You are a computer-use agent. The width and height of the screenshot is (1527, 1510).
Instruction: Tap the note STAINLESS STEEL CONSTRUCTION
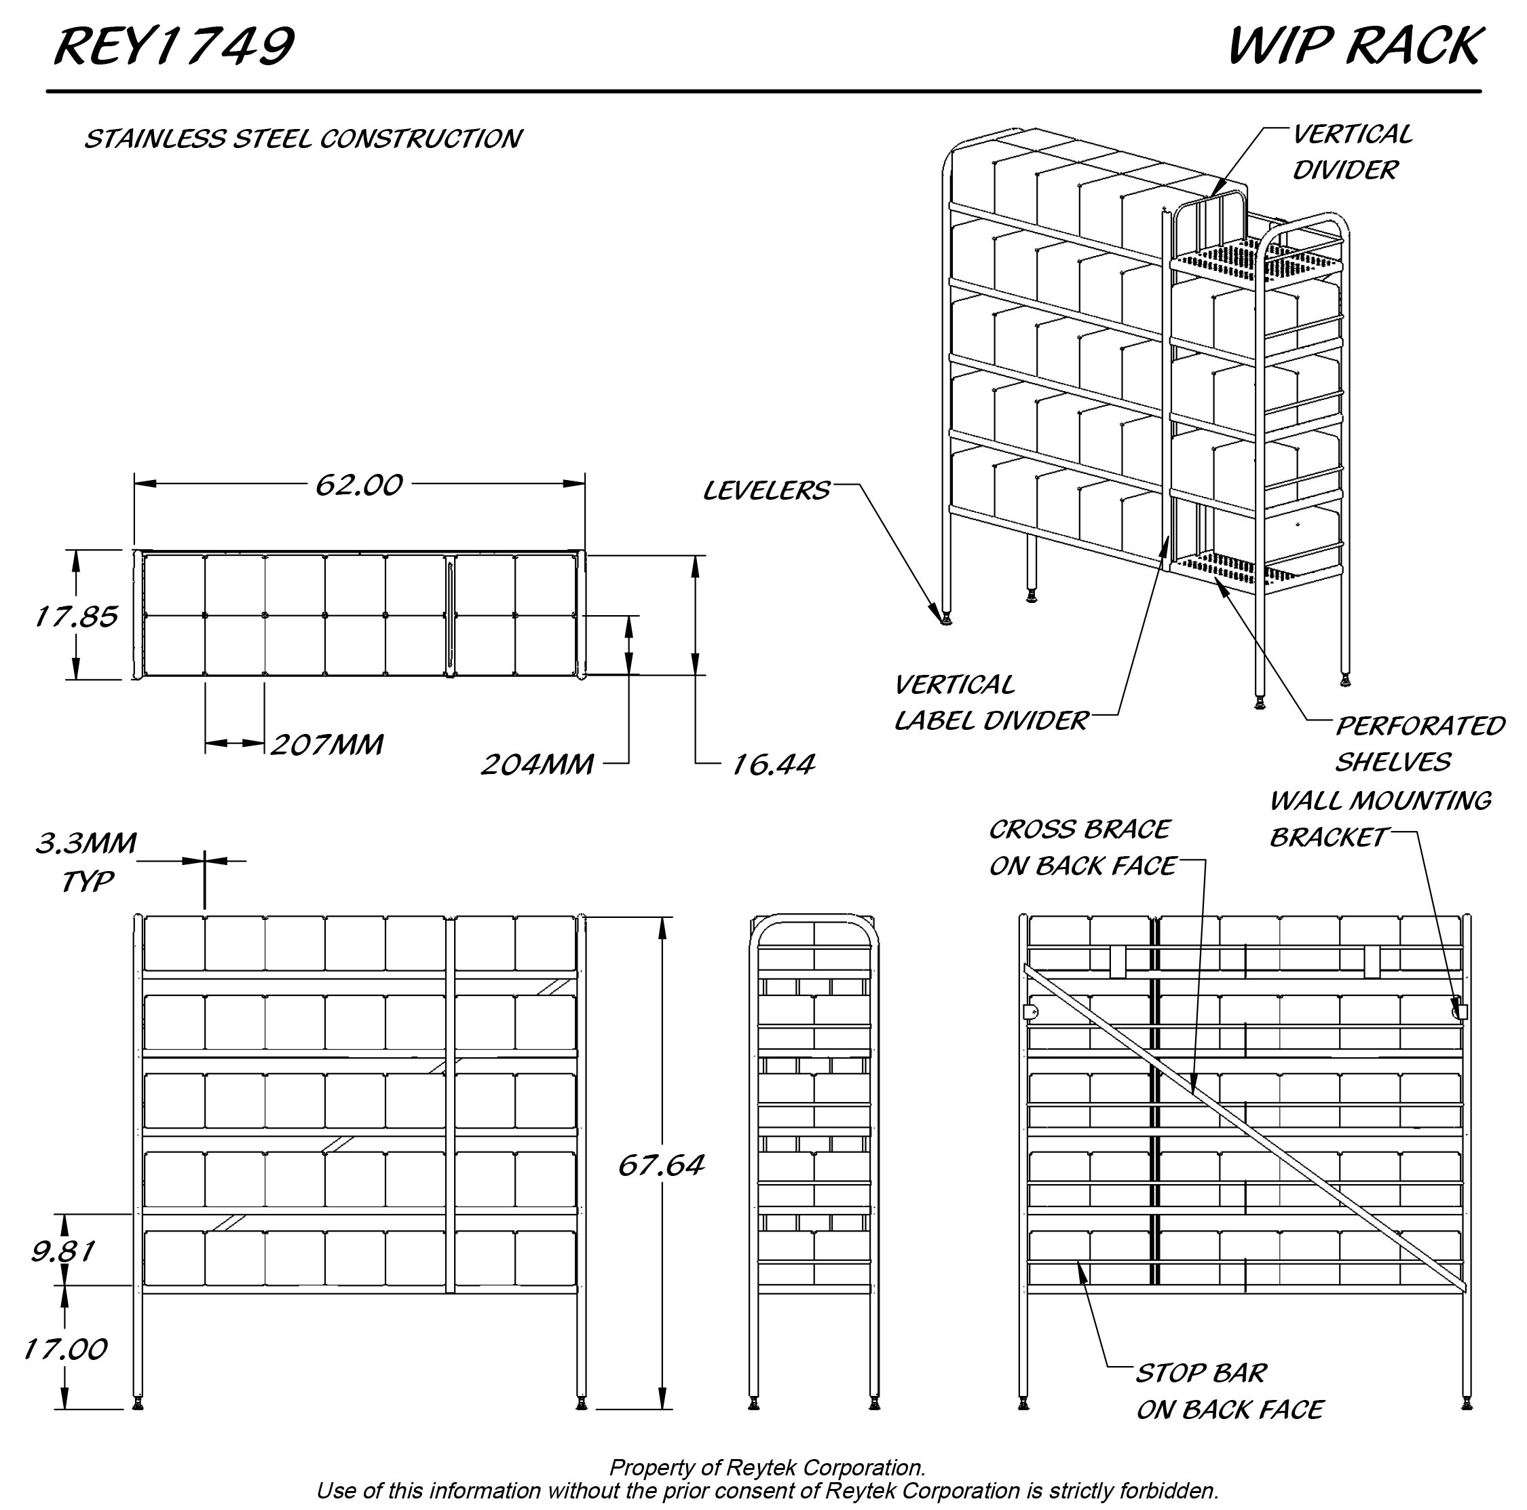pyautogui.click(x=303, y=139)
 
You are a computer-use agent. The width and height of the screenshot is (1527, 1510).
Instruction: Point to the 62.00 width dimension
pyautogui.click(x=359, y=485)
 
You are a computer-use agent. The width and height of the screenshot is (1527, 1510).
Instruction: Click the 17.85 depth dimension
pyautogui.click(x=76, y=616)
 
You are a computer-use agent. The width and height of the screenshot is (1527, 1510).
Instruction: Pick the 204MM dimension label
pyautogui.click(x=538, y=765)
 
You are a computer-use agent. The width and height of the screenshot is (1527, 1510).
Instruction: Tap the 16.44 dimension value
pyautogui.click(x=772, y=765)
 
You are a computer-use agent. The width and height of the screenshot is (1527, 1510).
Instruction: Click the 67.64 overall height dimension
pyautogui.click(x=660, y=1165)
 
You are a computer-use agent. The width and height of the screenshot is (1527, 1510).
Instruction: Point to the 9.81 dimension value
pyautogui.click(x=63, y=1251)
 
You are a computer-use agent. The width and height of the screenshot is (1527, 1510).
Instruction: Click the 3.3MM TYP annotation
pyautogui.click(x=86, y=862)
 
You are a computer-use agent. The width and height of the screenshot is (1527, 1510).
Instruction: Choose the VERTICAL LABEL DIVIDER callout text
pyautogui.click(x=991, y=703)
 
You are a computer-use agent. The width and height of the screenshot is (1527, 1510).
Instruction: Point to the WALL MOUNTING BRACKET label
pyautogui.click(x=1379, y=818)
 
